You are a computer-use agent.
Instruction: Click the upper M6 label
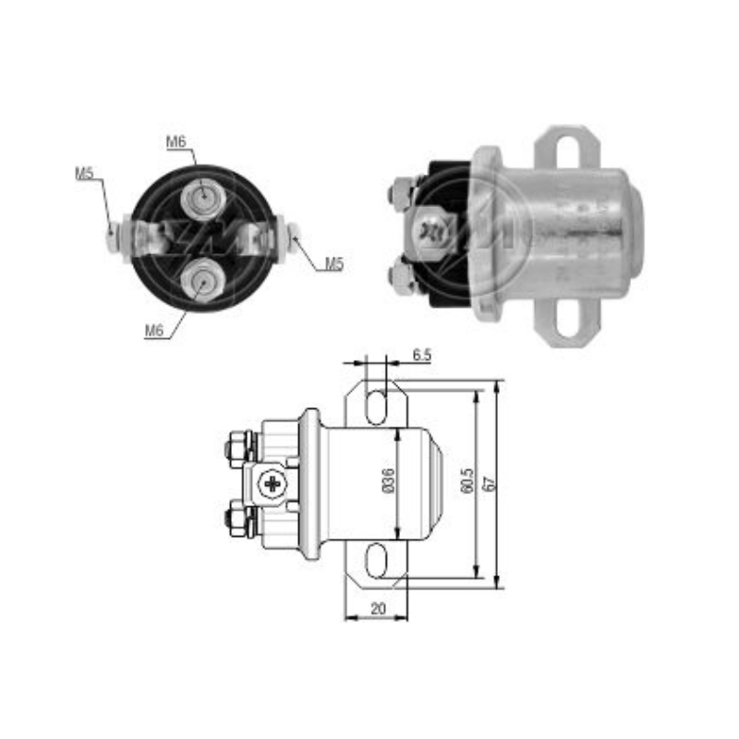tap(176, 141)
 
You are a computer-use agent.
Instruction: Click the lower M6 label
tap(153, 331)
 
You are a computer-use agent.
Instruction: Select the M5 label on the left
tap(84, 173)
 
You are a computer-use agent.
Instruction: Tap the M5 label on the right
tap(334, 264)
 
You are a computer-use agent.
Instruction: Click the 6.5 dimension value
tap(422, 355)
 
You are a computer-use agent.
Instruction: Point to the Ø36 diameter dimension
tap(389, 480)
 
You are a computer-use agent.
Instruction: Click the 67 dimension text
tap(490, 484)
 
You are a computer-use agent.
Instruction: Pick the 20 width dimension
tap(378, 609)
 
